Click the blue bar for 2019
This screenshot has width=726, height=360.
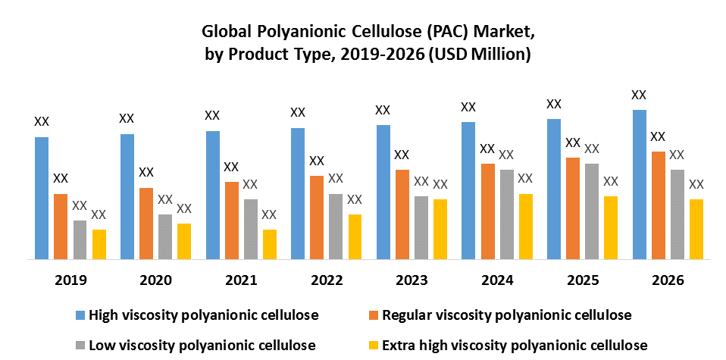pos(42,198)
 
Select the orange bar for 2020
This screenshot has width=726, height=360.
pos(146,223)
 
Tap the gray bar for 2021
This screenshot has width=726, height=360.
pos(250,229)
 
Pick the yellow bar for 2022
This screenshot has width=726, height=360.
pos(355,236)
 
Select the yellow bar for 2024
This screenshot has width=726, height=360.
pos(525,226)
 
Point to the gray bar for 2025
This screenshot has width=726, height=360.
pos(592,211)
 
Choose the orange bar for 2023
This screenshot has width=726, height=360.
pos(402,214)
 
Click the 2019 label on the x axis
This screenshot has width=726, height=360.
pos(70,280)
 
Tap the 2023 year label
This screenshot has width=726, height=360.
pos(412,280)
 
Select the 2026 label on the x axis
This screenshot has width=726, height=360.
pos(668,280)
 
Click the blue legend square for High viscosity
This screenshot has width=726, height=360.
pos(80,314)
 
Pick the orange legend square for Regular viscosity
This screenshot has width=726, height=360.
pos(373,314)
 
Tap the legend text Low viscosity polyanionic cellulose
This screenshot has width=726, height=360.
pos(202,345)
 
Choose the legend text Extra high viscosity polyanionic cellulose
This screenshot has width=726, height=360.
pos(515,345)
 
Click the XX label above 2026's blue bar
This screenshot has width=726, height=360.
pos(639,95)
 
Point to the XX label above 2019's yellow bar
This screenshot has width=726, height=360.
pos(99,214)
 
